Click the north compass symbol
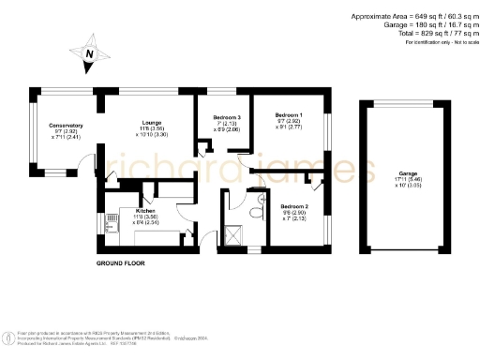click(88, 53)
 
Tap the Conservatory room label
click(67, 125)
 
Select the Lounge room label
click(152, 122)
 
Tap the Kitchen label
click(144, 212)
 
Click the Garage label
click(407, 173)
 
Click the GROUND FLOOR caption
click(121, 264)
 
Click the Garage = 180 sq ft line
click(419, 25)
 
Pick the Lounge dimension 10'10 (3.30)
click(152, 135)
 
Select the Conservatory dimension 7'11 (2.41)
click(67, 138)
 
